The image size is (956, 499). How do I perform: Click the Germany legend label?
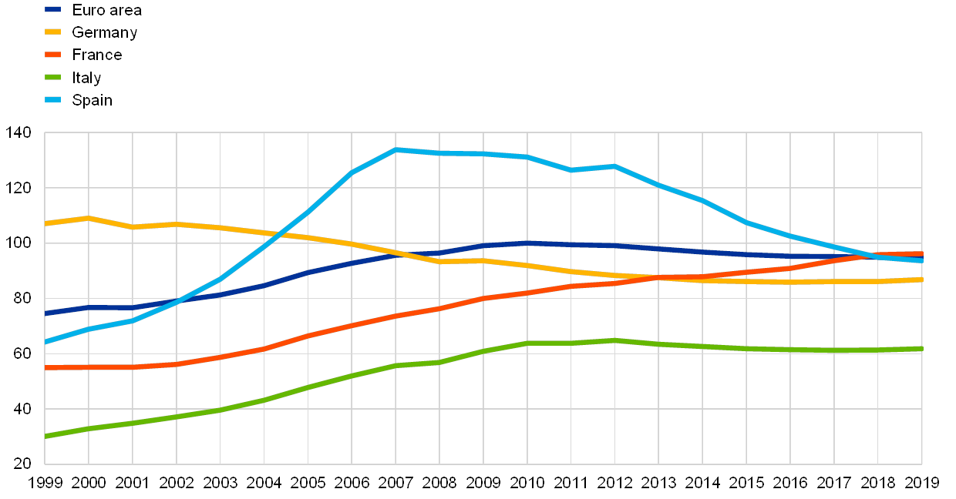pyautogui.click(x=104, y=32)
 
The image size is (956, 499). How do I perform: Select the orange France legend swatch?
pyautogui.click(x=52, y=55)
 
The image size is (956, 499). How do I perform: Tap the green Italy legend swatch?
pyautogui.click(x=52, y=77)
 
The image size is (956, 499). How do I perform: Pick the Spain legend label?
pyautogui.click(x=92, y=99)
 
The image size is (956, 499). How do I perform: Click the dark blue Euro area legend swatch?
pyautogui.click(x=52, y=10)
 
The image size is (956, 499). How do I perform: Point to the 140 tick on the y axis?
pyautogui.click(x=19, y=132)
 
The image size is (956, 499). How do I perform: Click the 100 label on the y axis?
pyautogui.click(x=19, y=243)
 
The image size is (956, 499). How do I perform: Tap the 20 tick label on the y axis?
pyautogui.click(x=22, y=463)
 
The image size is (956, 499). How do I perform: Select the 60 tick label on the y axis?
pyautogui.click(x=22, y=353)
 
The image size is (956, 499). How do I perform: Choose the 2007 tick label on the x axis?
pyautogui.click(x=396, y=483)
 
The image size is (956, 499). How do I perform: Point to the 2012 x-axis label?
pyautogui.click(x=614, y=483)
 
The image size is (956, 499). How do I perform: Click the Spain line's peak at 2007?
pyautogui.click(x=396, y=149)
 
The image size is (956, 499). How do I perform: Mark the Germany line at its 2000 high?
pyautogui.click(x=89, y=218)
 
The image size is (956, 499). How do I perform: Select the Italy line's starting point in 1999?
pyautogui.click(x=46, y=436)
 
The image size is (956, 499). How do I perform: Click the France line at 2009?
pyautogui.click(x=483, y=298)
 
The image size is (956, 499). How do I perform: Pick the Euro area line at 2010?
pyautogui.click(x=527, y=243)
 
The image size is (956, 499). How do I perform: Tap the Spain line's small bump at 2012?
pyautogui.click(x=614, y=166)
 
